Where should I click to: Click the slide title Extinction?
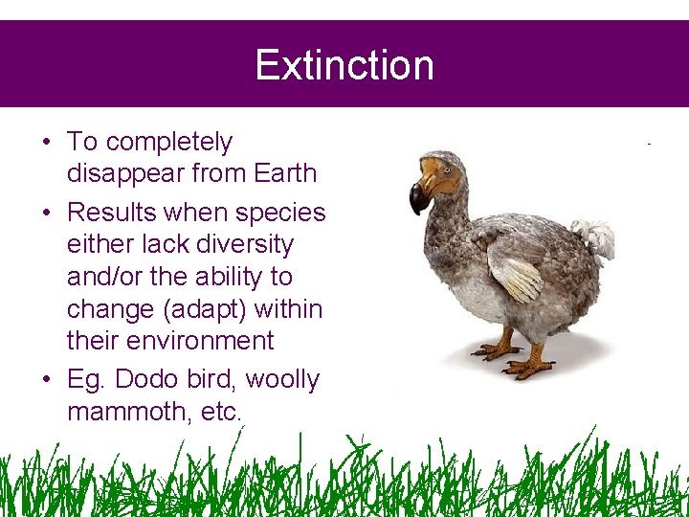[344, 65]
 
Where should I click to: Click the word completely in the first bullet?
[168, 142]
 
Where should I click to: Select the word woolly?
[282, 379]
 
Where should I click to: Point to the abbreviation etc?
[221, 412]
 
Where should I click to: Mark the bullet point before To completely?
[46, 143]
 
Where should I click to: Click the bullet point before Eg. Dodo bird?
[46, 380]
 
